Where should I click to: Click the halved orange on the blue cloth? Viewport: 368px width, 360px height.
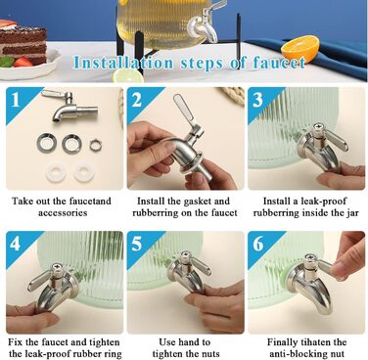click(300, 49)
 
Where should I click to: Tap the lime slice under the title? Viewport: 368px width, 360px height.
click(128, 76)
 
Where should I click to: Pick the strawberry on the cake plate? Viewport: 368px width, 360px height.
click(23, 62)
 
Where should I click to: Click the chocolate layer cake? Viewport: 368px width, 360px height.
click(23, 42)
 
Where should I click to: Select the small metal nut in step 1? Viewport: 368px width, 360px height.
click(96, 145)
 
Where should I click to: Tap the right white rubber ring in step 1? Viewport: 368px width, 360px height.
click(84, 172)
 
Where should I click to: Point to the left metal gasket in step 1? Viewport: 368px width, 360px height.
click(47, 143)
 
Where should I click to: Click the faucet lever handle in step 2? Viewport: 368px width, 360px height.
click(184, 110)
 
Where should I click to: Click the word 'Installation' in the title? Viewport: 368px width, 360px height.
click(123, 63)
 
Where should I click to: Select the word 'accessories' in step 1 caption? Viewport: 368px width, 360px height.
click(63, 213)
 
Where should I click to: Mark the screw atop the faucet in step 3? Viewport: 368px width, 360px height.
click(317, 127)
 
